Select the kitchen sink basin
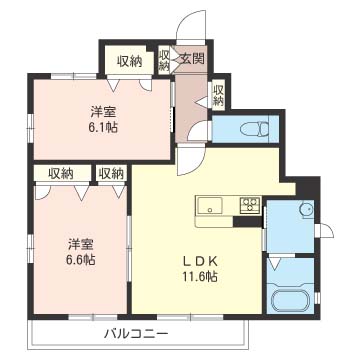[x=209, y=205]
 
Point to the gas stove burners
[x=250, y=203]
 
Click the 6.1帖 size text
[x=104, y=127]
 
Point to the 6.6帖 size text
[x=81, y=259]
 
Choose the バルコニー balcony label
[x=135, y=333]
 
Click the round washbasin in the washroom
[x=306, y=209]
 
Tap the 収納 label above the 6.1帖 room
[x=129, y=61]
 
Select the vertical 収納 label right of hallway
[x=218, y=96]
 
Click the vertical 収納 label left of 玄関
[x=164, y=61]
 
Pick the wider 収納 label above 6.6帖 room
[x=61, y=173]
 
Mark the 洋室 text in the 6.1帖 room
[x=104, y=112]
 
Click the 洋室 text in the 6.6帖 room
[x=80, y=244]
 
